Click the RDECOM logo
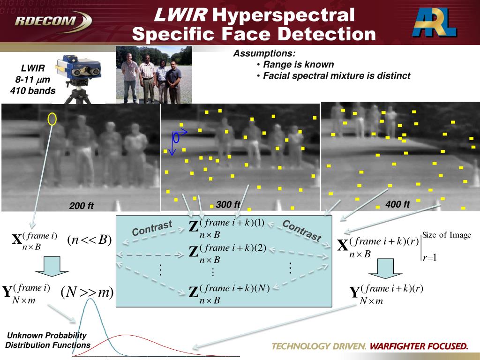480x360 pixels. pyautogui.click(x=52, y=21)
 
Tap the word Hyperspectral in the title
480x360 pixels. pyautogui.click(x=283, y=15)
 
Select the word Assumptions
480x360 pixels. pyautogui.click(x=264, y=53)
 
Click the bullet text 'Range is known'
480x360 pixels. pyautogui.click(x=299, y=65)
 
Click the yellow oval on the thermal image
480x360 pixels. pyautogui.click(x=52, y=119)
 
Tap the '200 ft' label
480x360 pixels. pyautogui.click(x=81, y=206)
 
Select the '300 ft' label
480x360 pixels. pyautogui.click(x=228, y=204)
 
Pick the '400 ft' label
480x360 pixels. pyautogui.click(x=397, y=204)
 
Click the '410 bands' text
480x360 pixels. pyautogui.click(x=33, y=90)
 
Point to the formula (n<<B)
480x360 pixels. pyautogui.click(x=89, y=240)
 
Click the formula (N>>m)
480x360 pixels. pyautogui.click(x=87, y=292)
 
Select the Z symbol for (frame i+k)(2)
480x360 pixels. pyautogui.click(x=194, y=252)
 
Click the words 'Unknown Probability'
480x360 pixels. pyautogui.click(x=47, y=335)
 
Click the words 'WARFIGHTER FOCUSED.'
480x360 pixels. pyautogui.click(x=419, y=346)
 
